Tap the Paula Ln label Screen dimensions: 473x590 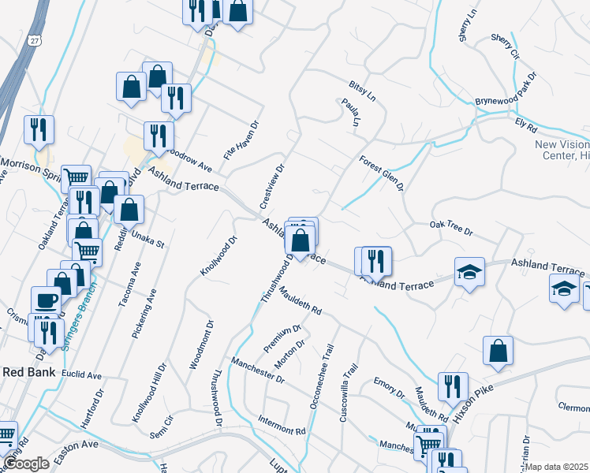click(350, 113)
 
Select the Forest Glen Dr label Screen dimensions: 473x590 click(381, 173)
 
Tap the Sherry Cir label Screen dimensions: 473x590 click(505, 47)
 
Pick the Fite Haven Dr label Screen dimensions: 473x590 click(241, 140)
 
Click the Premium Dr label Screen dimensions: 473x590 click(283, 338)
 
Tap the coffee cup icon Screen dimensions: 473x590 click(46, 300)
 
